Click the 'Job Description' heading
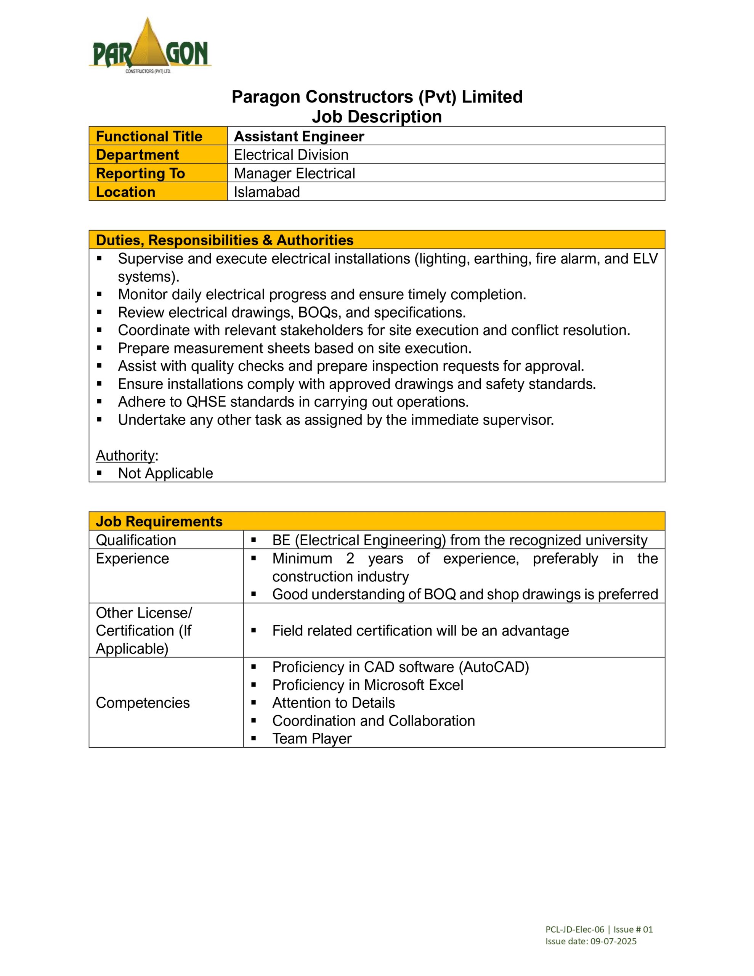pos(376,117)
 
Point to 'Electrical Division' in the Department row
pos(291,155)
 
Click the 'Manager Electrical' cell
pos(294,173)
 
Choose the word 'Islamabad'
pos(267,192)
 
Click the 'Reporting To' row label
pos(140,173)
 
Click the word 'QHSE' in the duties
pos(206,402)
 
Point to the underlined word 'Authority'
pos(125,455)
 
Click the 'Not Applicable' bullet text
pos(165,473)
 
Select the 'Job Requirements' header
pos(159,522)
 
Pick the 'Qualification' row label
pos(136,540)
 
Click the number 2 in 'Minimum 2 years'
pos(350,559)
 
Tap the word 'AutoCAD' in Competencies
pos(496,667)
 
